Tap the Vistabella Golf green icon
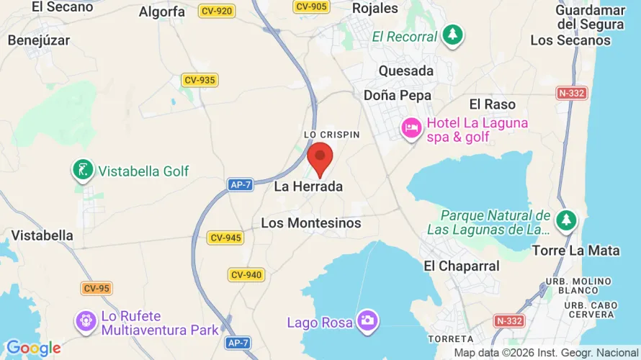click(x=83, y=171)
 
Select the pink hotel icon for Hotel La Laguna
click(x=411, y=128)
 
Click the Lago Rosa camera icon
click(x=367, y=321)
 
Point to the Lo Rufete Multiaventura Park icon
click(x=86, y=321)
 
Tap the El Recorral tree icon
click(x=452, y=35)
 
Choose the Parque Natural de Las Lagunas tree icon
click(x=567, y=220)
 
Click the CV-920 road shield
click(x=217, y=11)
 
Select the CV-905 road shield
click(x=312, y=6)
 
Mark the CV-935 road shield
click(x=200, y=80)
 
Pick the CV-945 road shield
click(x=225, y=238)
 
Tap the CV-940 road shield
click(x=247, y=274)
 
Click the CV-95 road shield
click(x=96, y=288)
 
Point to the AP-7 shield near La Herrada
click(x=240, y=185)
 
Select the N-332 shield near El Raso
click(x=572, y=93)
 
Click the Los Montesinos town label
click(x=310, y=223)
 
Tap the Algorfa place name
click(x=161, y=12)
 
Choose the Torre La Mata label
click(x=575, y=251)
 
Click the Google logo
click(x=33, y=348)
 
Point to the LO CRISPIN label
click(x=331, y=135)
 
